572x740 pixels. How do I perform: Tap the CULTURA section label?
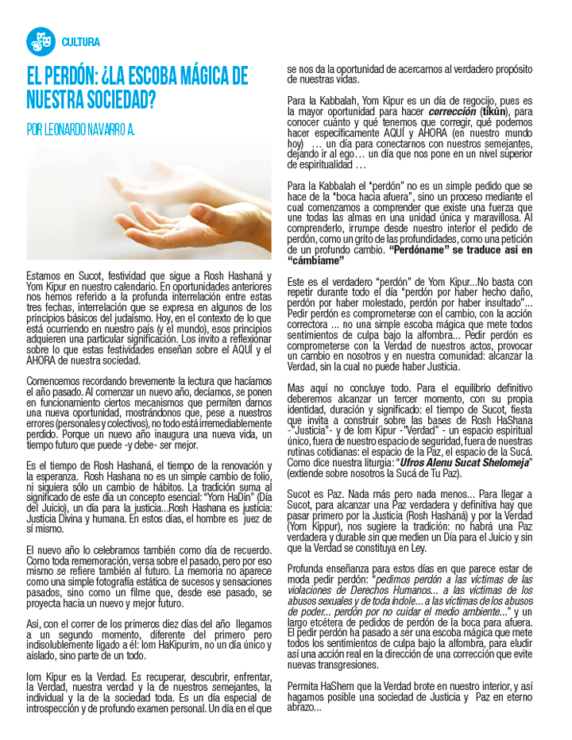(81, 42)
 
